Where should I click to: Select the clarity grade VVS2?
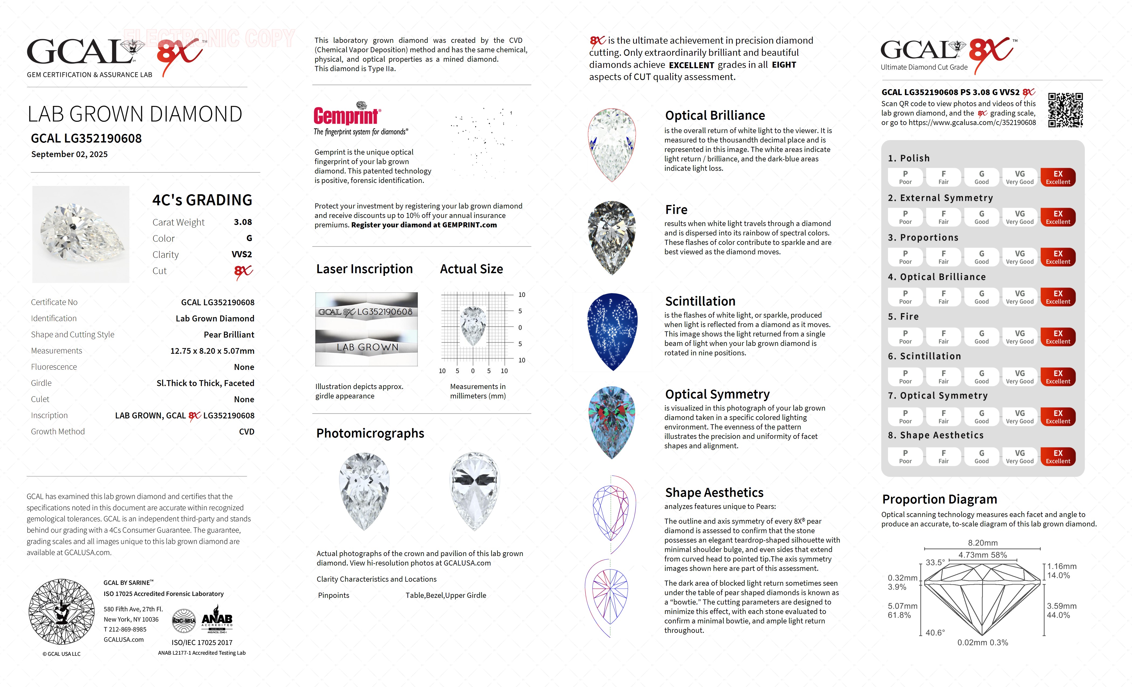(242, 254)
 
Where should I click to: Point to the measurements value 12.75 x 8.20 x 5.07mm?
(212, 351)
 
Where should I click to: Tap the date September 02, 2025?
(69, 154)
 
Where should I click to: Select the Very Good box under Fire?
(1019, 336)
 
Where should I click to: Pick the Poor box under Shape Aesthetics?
(905, 456)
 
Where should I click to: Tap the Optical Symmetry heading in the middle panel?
(717, 394)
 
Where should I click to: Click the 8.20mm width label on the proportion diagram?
(983, 543)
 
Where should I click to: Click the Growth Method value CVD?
(246, 432)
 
